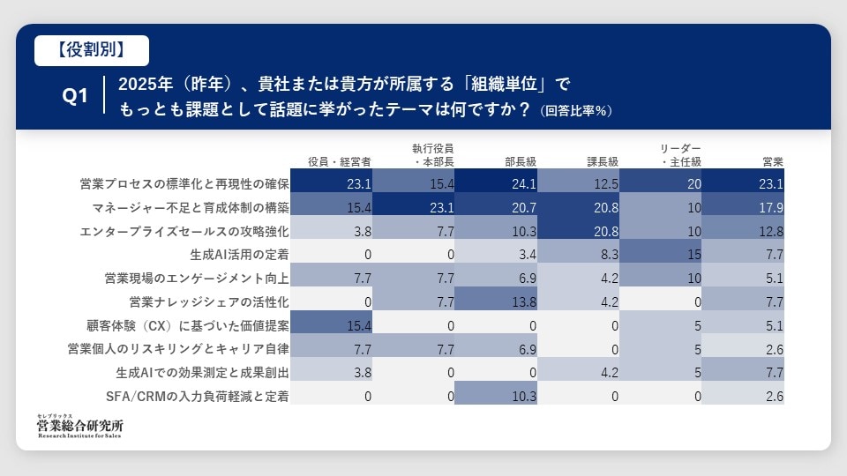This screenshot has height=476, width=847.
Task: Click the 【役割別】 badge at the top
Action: pos(92,50)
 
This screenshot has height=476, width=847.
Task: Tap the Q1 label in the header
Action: pos(75,97)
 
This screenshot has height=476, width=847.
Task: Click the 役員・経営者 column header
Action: pos(340,161)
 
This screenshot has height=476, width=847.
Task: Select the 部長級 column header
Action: pos(521,161)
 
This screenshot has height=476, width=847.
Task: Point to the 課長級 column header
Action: pos(603,161)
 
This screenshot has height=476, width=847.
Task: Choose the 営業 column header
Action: pos(773,161)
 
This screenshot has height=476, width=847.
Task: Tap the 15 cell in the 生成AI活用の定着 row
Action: pos(661,254)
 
